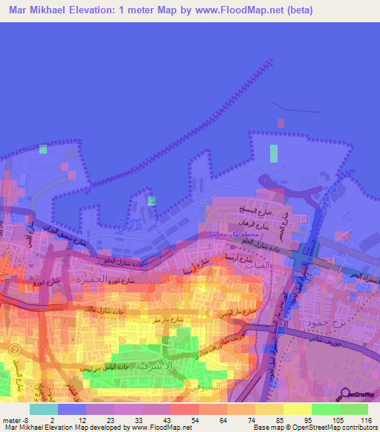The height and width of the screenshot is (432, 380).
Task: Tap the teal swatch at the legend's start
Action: (x=43, y=409)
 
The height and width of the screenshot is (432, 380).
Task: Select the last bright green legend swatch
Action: (x=354, y=409)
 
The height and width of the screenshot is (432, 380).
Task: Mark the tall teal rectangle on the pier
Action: (x=274, y=153)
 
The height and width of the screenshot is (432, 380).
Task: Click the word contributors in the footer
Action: (x=354, y=427)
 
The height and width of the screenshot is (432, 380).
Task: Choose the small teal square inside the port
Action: (x=151, y=200)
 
